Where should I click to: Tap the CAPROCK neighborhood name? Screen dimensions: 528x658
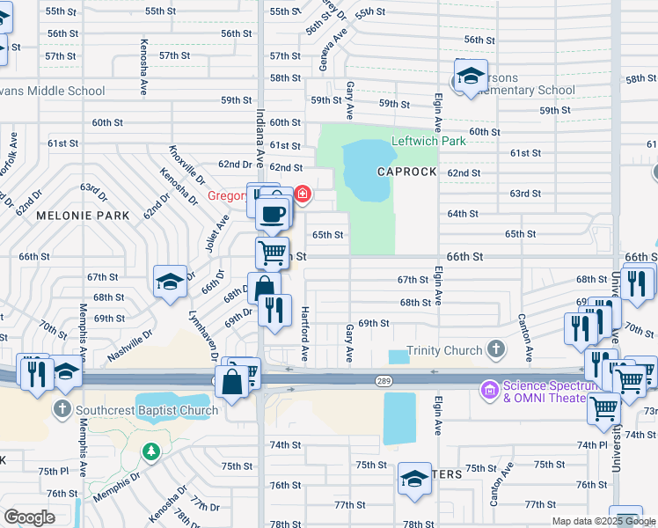pos(407,172)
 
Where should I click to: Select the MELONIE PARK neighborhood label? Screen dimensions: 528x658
pos(83,216)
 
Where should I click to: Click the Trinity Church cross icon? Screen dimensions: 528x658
pos(496,350)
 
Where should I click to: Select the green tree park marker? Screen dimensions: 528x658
pos(152,452)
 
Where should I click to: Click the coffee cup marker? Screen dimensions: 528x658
pos(273,211)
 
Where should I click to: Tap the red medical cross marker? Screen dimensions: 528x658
pos(303,194)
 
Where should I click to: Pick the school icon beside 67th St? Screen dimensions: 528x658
pos(170,282)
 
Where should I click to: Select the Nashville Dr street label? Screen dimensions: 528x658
pos(129,345)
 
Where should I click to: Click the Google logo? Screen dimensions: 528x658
pos(29,517)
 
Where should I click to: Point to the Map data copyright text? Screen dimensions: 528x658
pos(603,521)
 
